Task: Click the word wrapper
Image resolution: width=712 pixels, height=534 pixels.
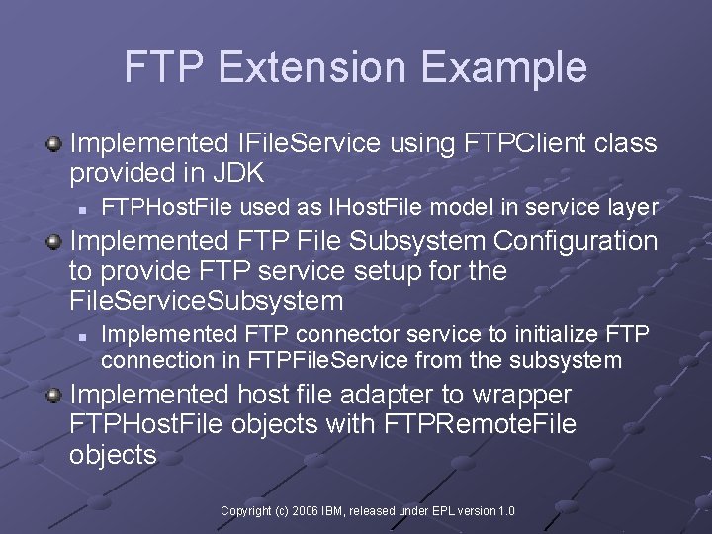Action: coord(521,395)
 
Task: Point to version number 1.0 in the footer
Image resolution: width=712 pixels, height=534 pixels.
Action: coord(505,511)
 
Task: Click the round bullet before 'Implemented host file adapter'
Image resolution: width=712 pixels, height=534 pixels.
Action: coord(53,396)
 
